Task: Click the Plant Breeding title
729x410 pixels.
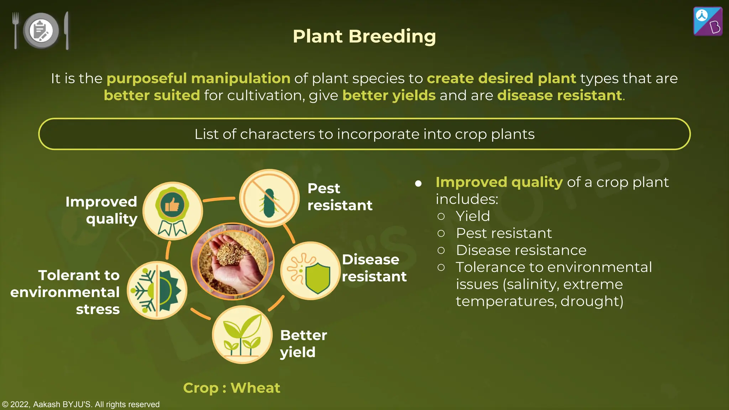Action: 364,36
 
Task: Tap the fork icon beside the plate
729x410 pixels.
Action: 15,30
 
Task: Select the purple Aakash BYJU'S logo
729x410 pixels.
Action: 708,21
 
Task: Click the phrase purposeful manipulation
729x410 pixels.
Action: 198,78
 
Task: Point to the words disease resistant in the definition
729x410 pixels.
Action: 559,95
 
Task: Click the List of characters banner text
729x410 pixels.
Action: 364,134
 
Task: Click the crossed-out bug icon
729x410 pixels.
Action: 269,198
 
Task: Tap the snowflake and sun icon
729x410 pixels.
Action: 157,290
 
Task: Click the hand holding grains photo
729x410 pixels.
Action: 232,262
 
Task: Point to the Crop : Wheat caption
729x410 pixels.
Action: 231,388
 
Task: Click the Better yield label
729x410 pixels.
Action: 303,343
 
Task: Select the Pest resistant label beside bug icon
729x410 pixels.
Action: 339,196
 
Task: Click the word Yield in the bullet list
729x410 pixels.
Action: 473,216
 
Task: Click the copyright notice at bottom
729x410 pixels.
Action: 81,404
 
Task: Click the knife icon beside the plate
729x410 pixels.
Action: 67,30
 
